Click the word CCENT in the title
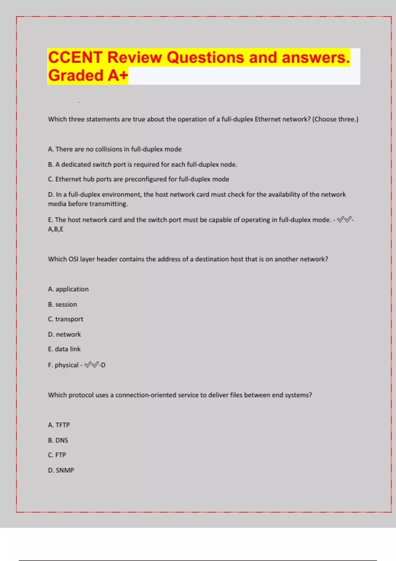click(75, 57)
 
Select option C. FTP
click(57, 455)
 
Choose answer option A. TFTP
click(59, 425)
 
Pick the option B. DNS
click(58, 440)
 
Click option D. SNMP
click(61, 470)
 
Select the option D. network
click(64, 334)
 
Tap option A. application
click(68, 289)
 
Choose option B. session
click(62, 304)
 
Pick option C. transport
click(66, 319)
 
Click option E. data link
click(64, 349)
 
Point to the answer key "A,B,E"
click(55, 229)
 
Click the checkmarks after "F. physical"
click(91, 365)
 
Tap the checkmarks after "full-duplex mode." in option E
click(344, 220)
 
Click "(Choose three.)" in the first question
click(335, 119)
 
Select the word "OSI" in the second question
click(73, 259)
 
